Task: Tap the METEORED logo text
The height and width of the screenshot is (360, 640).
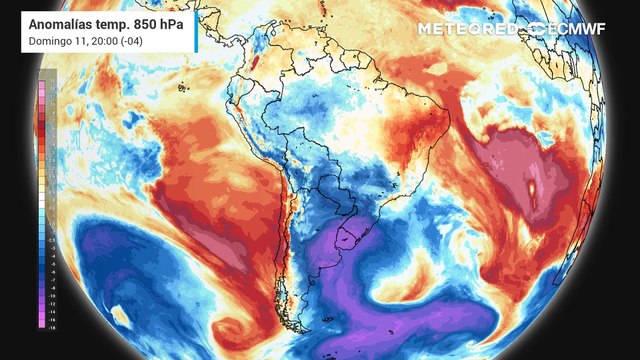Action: coord(469,28)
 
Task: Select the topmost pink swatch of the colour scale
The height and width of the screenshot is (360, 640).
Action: coord(45,77)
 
